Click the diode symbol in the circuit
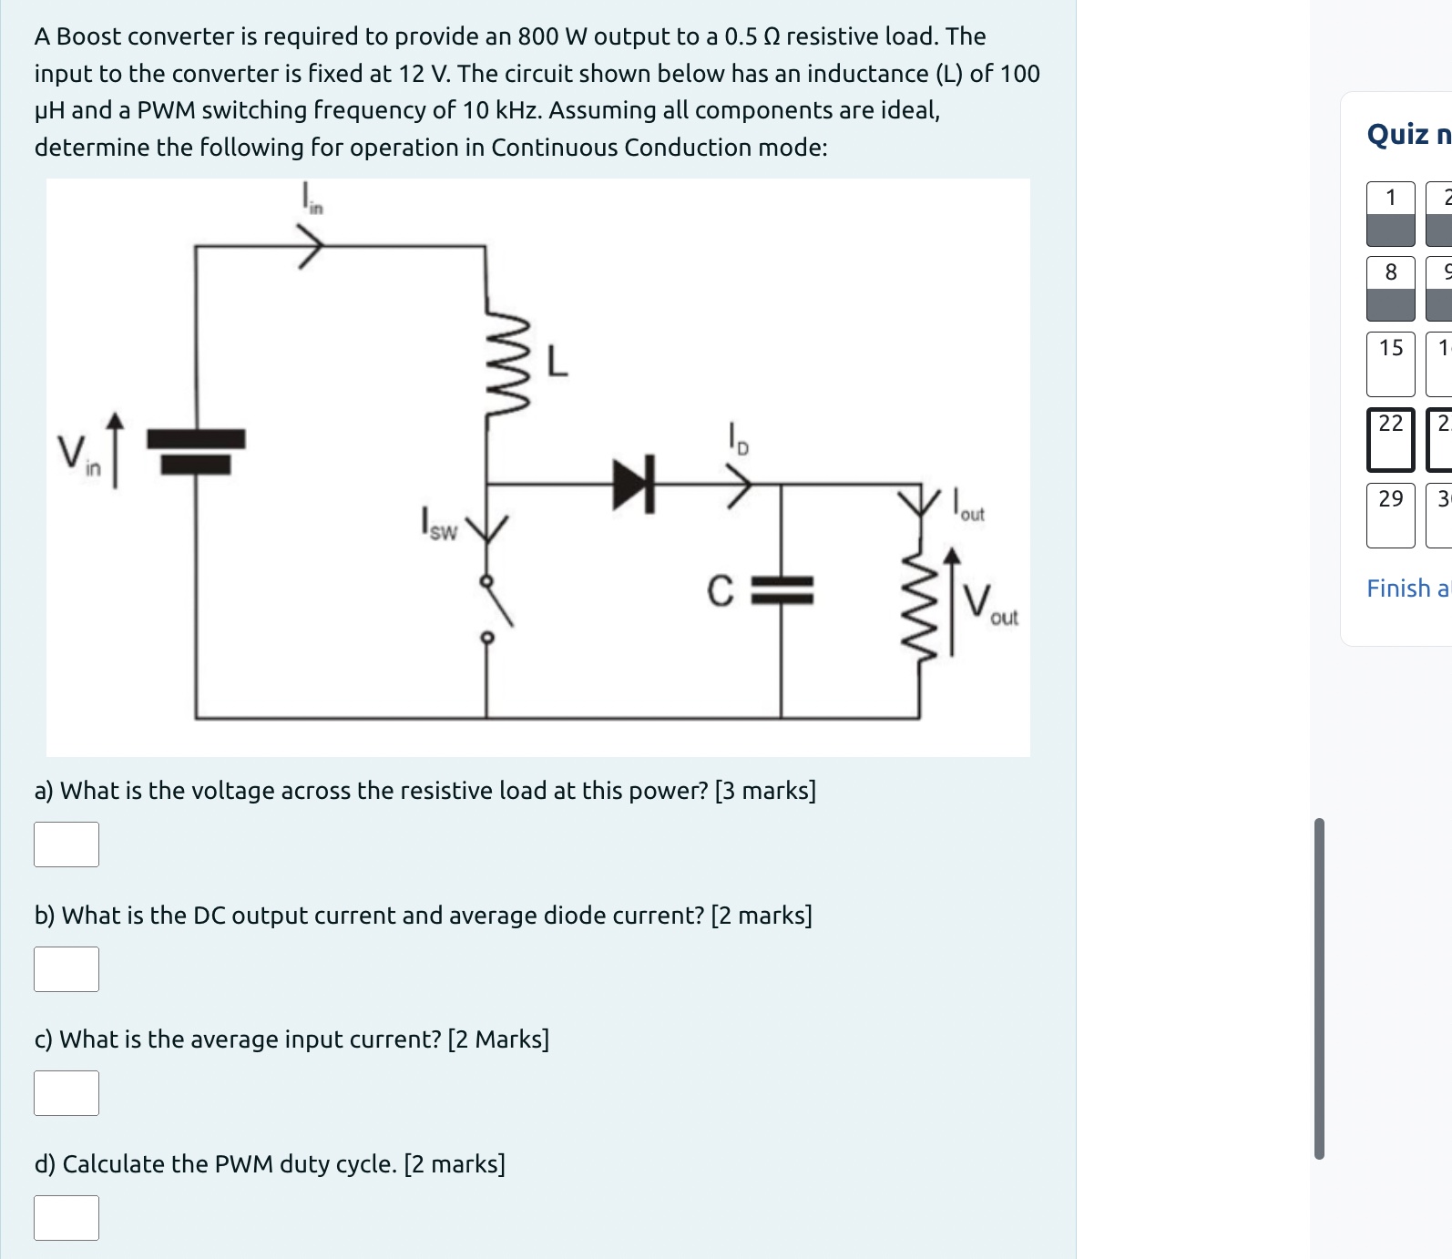click(x=635, y=485)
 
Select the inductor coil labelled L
click(x=506, y=364)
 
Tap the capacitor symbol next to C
click(x=782, y=590)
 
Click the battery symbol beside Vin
click(x=196, y=451)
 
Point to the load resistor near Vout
click(x=919, y=601)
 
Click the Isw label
click(x=438, y=525)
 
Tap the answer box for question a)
click(x=66, y=844)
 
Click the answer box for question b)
click(x=66, y=969)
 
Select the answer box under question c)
click(x=66, y=1093)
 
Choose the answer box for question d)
click(x=66, y=1218)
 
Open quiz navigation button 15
click(x=1390, y=363)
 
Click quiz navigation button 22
click(x=1390, y=439)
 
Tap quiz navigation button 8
click(x=1390, y=288)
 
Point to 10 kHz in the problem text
click(x=502, y=110)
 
